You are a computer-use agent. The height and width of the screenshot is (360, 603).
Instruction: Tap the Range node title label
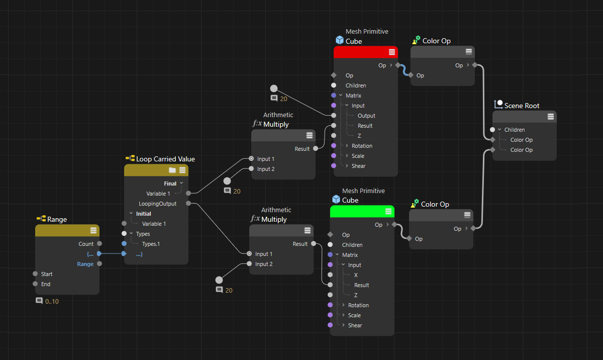tap(57, 219)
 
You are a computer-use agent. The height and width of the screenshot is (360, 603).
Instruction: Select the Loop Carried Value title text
tap(165, 159)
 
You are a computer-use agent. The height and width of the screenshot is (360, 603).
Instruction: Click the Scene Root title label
tap(522, 106)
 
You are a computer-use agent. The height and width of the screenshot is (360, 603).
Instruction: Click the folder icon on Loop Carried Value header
tap(172, 170)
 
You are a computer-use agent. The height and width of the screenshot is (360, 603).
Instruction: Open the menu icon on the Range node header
tap(93, 230)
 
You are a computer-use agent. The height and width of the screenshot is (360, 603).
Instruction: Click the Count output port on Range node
tap(99, 244)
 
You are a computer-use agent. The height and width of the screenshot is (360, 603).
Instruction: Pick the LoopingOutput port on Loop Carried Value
tap(188, 203)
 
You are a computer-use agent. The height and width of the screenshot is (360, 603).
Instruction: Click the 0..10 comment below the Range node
tap(52, 302)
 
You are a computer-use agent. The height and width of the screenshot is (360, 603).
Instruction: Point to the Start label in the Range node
tap(47, 274)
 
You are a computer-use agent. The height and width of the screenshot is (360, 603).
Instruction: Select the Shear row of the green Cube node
tap(355, 325)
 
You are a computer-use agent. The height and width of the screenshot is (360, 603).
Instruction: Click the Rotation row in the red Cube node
tap(362, 146)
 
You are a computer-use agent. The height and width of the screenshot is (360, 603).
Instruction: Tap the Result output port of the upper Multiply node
tap(316, 149)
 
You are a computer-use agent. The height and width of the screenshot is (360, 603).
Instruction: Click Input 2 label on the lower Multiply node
tap(264, 264)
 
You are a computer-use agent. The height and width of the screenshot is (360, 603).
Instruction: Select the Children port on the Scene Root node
tap(492, 130)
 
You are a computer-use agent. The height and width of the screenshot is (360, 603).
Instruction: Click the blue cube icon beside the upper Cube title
tap(340, 40)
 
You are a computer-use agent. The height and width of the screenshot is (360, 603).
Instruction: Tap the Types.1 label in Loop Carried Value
tap(151, 244)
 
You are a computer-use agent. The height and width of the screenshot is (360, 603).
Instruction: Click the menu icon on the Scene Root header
tap(551, 117)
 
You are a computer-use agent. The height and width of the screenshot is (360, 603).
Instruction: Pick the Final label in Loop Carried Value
tap(170, 184)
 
